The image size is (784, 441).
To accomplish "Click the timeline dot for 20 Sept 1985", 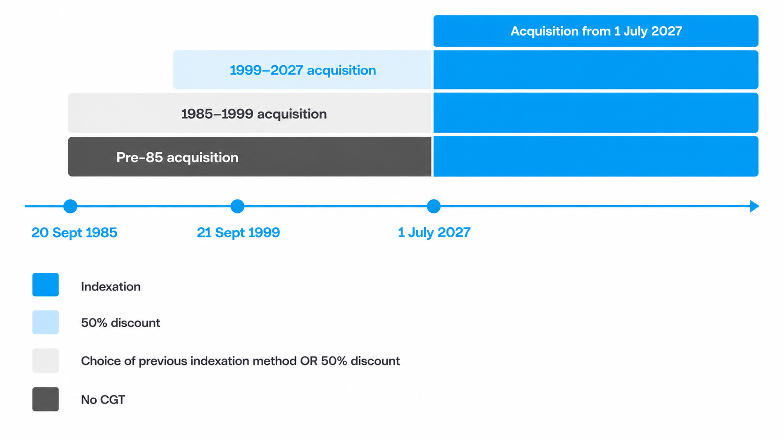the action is point(70,206).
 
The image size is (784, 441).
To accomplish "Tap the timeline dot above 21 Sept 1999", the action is point(237,206).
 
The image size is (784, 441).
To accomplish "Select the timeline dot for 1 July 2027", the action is point(434,206).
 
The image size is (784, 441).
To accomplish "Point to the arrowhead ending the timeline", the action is point(754,206).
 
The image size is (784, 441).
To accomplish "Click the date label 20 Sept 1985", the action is point(74,232).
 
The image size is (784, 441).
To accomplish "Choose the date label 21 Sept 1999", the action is point(238,232).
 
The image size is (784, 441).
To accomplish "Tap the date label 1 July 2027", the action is point(434,232).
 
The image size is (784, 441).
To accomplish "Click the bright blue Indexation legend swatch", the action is point(45,284).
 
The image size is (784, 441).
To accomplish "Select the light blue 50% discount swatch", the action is point(45,322).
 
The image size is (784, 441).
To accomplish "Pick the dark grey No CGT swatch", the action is point(45,399).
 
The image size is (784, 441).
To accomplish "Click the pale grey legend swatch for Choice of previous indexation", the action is point(45,360).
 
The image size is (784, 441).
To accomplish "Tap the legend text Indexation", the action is point(111,287).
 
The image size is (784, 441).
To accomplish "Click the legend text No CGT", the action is point(103,400).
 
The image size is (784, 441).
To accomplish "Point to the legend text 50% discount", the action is point(121,323).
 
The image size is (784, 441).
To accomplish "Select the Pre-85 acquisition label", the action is point(177,157).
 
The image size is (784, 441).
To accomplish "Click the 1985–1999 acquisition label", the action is point(254,114).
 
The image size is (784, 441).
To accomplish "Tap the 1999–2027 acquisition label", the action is point(303,70).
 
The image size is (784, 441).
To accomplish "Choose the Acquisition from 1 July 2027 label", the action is point(596,31).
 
